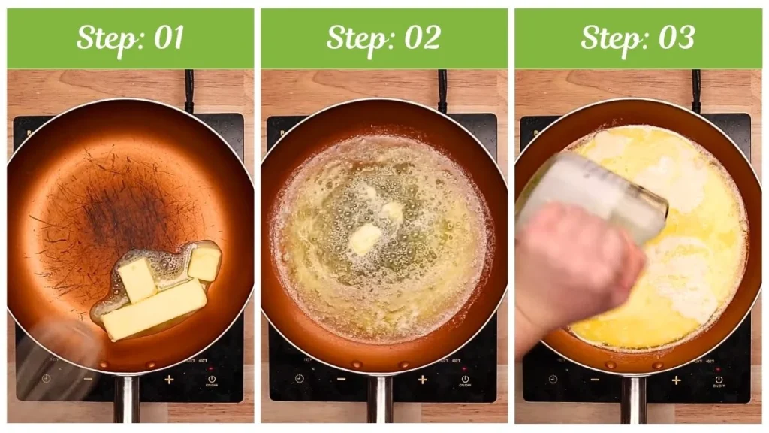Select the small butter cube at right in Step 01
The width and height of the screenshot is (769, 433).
click(204, 264)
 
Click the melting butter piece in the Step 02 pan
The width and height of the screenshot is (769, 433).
click(366, 238)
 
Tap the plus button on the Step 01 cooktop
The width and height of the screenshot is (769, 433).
click(169, 380)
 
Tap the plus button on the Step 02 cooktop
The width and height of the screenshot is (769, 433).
click(422, 380)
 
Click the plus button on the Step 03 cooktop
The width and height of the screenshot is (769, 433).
click(676, 380)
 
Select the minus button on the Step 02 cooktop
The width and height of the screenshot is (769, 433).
click(342, 379)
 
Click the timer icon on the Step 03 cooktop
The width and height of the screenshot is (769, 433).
click(553, 379)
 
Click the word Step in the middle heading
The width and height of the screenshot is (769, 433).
click(352, 38)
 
